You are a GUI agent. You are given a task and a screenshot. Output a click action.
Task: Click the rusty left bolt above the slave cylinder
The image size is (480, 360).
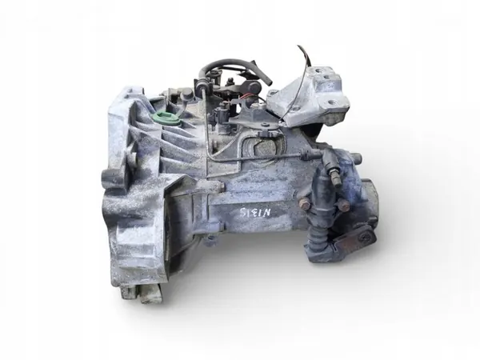click(304, 206)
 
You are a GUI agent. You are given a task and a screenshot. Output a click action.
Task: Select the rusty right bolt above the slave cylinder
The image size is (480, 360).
click(343, 206)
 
